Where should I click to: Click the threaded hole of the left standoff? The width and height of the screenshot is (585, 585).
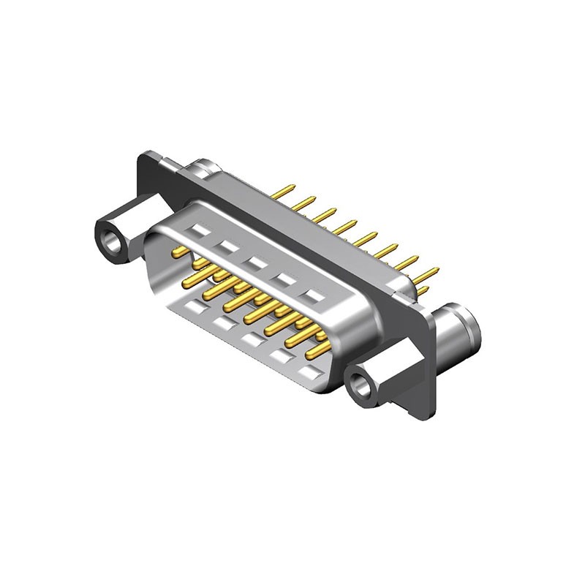click(x=112, y=240)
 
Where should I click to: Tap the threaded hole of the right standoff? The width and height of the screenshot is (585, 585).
click(x=361, y=382)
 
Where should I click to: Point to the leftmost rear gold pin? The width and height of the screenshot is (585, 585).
click(x=284, y=192)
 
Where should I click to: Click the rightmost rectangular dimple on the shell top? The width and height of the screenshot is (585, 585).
click(x=314, y=296)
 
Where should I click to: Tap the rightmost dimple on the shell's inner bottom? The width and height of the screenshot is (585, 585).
click(x=310, y=373)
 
